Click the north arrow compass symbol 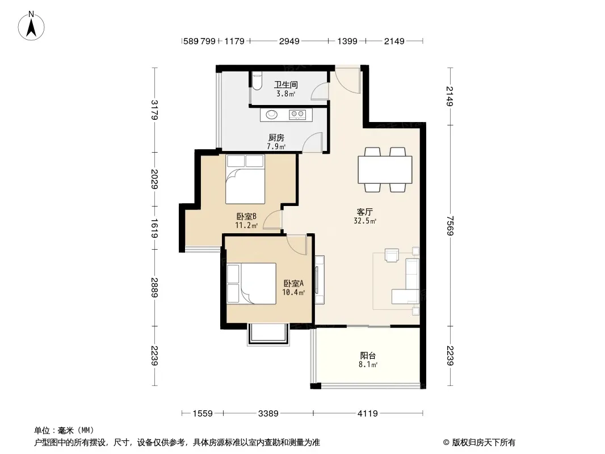coord(31,26)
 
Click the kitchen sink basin coord(272,114)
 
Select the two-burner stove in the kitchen coord(297,114)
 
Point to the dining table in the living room coord(385,169)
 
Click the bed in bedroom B coord(245,179)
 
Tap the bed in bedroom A coord(251,284)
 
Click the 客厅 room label coord(364,212)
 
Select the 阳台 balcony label coord(368,356)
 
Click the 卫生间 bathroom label coord(286,85)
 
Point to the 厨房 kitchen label coord(276,137)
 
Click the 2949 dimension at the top coord(289,41)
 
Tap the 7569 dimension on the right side coord(450,225)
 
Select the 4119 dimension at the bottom coord(367,414)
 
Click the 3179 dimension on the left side coord(154,110)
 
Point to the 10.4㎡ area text coord(293,292)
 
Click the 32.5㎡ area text coord(365,221)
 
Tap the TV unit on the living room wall coord(320,280)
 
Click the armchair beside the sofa coord(392,255)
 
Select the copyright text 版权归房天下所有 coord(483,443)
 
